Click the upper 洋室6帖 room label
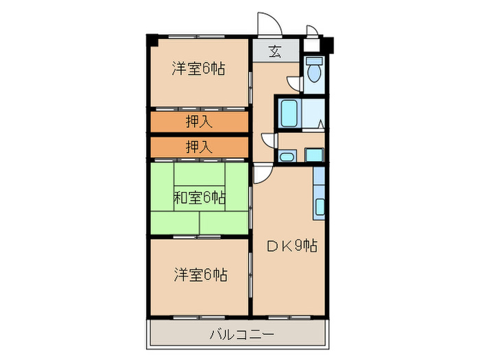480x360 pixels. click(198, 69)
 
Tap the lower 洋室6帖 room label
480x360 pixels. click(200, 275)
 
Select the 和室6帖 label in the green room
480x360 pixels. click(199, 198)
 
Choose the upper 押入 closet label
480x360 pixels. click(199, 122)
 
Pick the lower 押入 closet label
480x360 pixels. click(199, 146)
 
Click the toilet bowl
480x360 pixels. click(315, 71)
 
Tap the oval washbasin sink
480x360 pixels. click(286, 157)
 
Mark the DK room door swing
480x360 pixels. click(261, 175)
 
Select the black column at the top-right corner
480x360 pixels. click(328, 47)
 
